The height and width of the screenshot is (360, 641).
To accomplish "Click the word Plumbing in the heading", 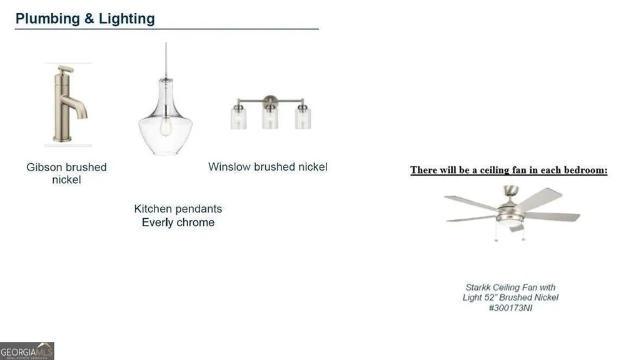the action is pyautogui.click(x=48, y=19).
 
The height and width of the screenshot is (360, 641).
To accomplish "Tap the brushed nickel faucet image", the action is pyautogui.click(x=68, y=104).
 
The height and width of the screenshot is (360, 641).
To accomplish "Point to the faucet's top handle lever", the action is pyautogui.click(x=66, y=69).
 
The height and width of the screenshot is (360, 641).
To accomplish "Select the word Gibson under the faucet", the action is pyautogui.click(x=44, y=167).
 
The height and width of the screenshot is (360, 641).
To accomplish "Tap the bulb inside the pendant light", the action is pyautogui.click(x=166, y=127).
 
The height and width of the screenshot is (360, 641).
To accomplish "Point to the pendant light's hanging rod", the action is pyautogui.click(x=166, y=60).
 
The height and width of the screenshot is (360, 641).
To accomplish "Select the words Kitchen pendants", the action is pyautogui.click(x=178, y=209).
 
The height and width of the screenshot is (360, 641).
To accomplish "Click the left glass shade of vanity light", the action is pyautogui.click(x=238, y=117).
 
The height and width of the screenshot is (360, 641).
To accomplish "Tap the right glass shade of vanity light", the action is pyautogui.click(x=303, y=117).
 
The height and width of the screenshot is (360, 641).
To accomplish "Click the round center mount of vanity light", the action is pyautogui.click(x=270, y=101).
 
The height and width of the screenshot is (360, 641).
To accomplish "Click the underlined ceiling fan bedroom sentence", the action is pyautogui.click(x=509, y=170).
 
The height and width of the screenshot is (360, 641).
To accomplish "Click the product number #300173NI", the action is pyautogui.click(x=510, y=308).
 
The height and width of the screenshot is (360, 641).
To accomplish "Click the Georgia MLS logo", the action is pyautogui.click(x=27, y=351).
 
